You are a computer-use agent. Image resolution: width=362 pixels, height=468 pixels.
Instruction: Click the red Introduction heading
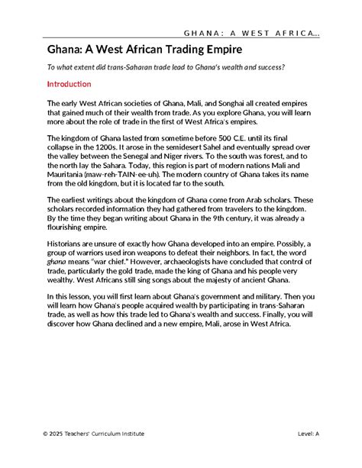69,83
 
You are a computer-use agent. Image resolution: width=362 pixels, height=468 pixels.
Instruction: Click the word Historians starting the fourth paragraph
69,240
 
